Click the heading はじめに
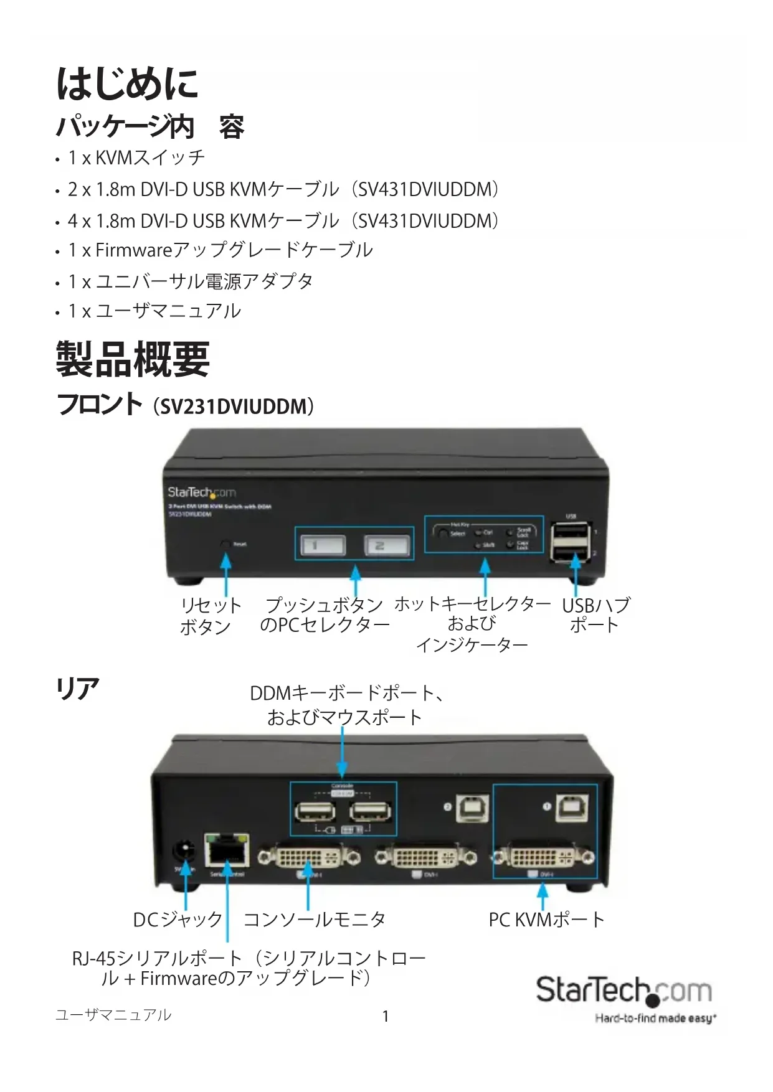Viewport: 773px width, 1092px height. point(128,84)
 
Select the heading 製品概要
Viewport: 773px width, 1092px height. point(133,359)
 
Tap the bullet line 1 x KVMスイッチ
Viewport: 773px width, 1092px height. point(136,158)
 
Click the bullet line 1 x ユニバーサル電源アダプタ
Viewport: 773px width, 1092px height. point(191,281)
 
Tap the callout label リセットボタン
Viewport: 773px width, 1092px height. point(210,615)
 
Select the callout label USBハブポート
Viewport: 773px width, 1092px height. point(595,615)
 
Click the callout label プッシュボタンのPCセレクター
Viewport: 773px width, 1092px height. point(325,614)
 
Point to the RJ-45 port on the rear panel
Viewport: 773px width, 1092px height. point(227,849)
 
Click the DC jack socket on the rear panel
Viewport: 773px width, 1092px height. point(184,850)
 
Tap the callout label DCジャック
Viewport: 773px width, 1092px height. point(178,920)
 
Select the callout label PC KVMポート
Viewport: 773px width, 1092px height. point(546,920)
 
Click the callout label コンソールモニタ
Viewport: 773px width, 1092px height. point(315,920)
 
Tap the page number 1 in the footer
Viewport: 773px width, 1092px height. point(386,1017)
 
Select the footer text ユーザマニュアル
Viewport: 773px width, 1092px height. point(113,1015)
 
